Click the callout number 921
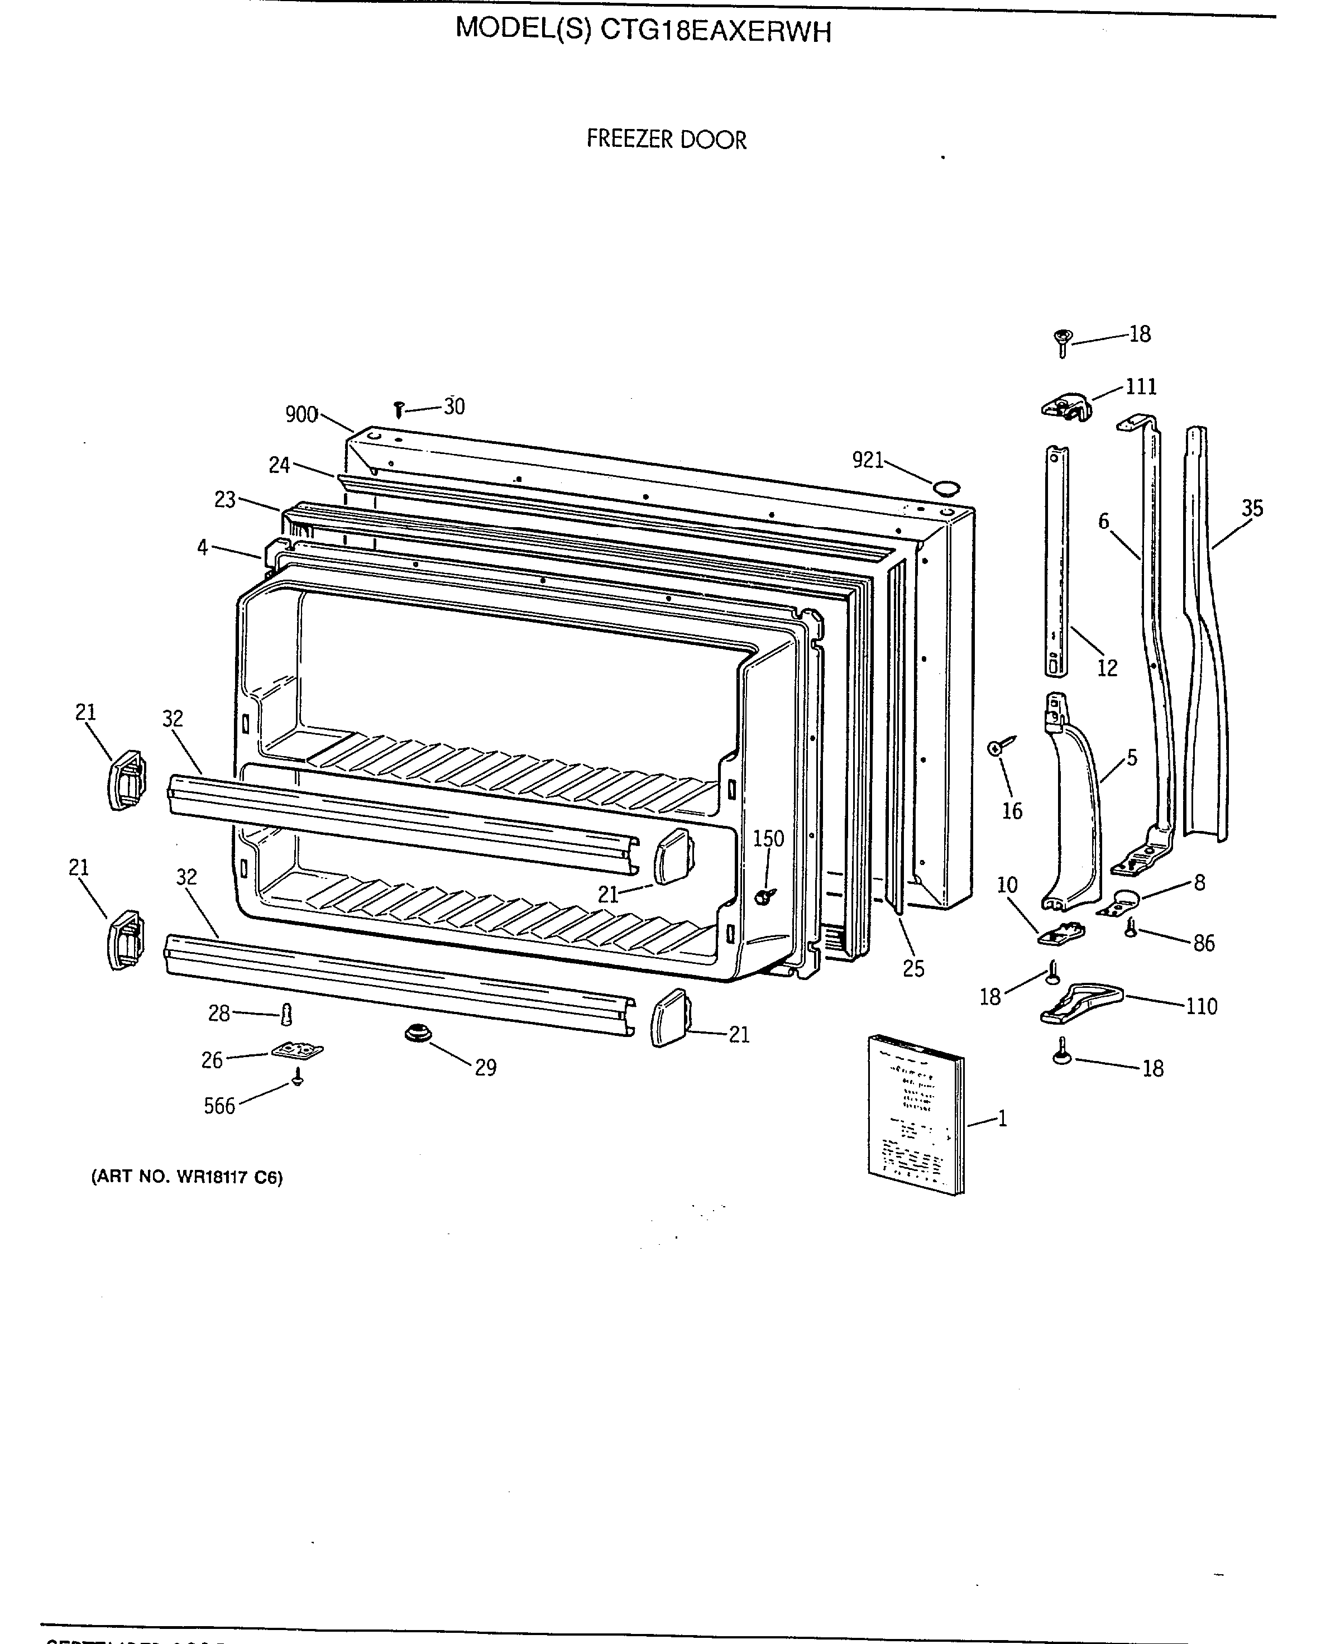(868, 460)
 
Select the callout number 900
(301, 415)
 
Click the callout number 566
(219, 1106)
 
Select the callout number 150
(768, 838)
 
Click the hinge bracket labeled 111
(1068, 406)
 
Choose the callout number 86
(1203, 943)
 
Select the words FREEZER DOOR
(666, 140)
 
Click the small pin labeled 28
(287, 1014)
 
